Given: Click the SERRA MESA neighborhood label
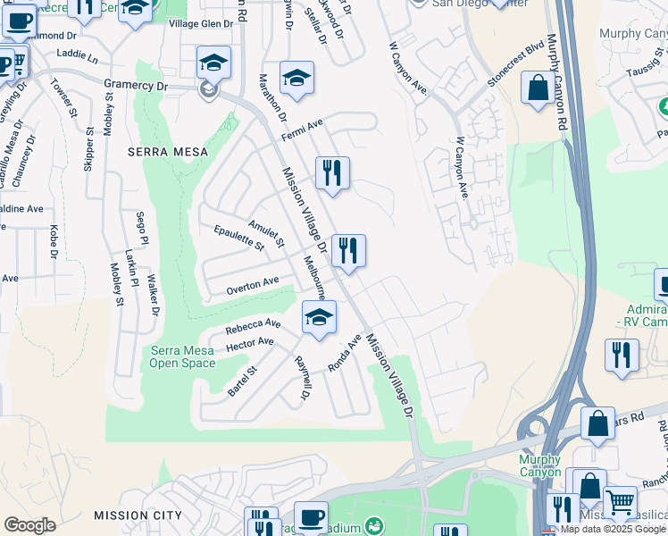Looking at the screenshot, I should pos(167,152).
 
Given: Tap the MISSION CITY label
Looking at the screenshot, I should pos(138,515).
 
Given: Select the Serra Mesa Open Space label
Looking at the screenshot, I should pos(181,357).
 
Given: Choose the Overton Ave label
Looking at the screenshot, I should pos(252,286).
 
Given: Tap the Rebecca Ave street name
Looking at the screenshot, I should pos(253,326).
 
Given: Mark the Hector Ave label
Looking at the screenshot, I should pos(250,343).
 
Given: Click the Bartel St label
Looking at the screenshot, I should pos(242,381).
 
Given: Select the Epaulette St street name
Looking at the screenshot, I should pos(239,238).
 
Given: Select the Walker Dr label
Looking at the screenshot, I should pos(153,295).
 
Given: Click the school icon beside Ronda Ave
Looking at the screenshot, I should pos(319,317).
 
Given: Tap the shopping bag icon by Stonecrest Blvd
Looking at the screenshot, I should pos(538,89).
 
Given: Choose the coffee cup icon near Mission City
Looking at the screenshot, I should pos(311,517).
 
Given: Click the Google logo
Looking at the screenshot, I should pos(29,525).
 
